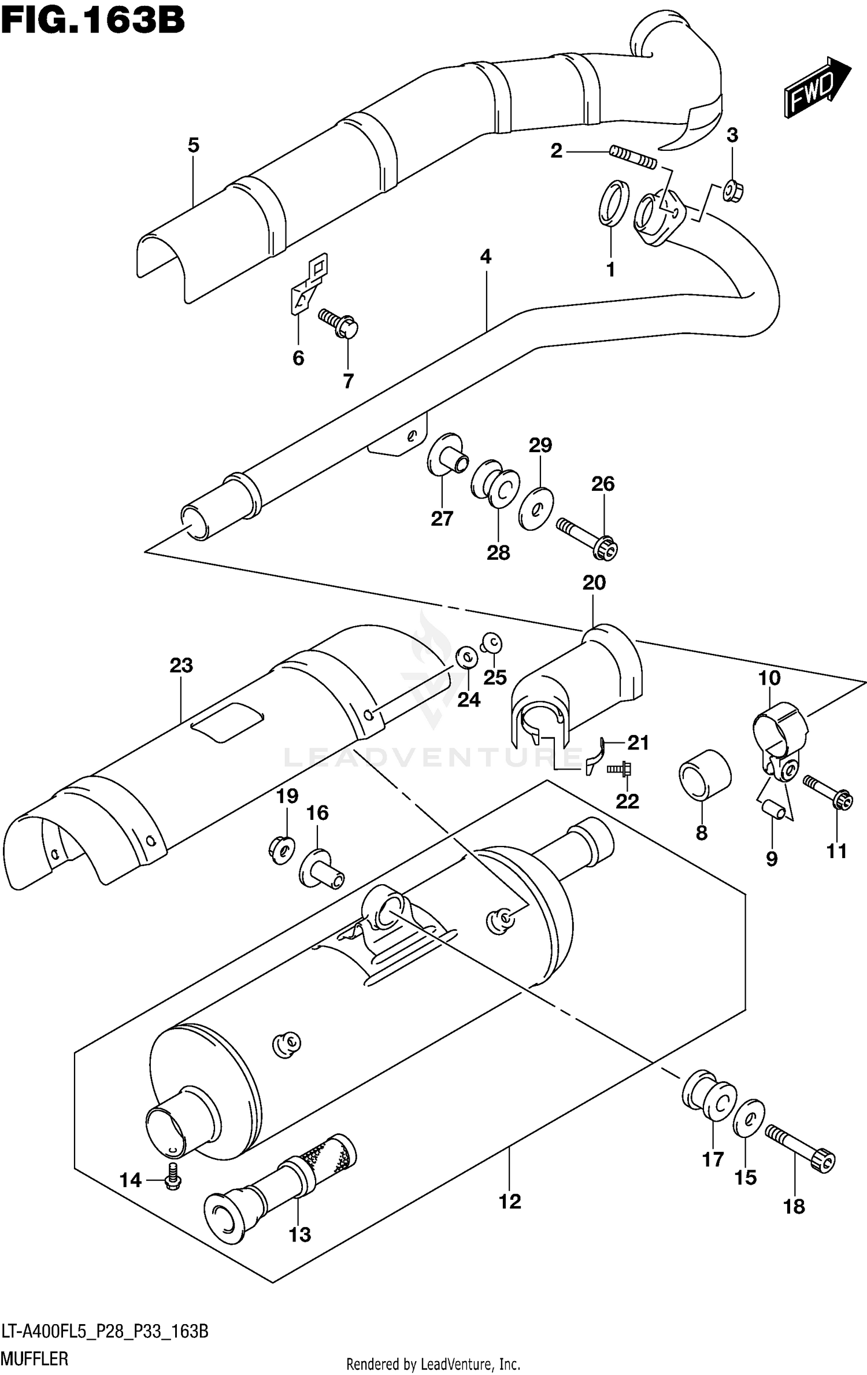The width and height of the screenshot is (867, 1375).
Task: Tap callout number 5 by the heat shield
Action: click(x=193, y=145)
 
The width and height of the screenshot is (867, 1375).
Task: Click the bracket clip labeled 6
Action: click(x=307, y=283)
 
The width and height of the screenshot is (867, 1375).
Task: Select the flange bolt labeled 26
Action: click(x=588, y=537)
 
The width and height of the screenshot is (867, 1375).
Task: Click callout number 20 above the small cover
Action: click(x=594, y=582)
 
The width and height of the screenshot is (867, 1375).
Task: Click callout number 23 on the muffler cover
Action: click(x=181, y=666)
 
